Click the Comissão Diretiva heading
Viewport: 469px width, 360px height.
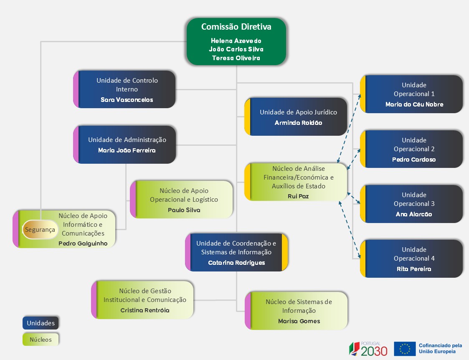pyautogui.click(x=236, y=27)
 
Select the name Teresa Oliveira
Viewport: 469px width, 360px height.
pyautogui.click(x=236, y=58)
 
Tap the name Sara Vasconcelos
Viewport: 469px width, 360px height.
pyautogui.click(x=127, y=100)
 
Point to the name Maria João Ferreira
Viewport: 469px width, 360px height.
pyautogui.click(x=127, y=150)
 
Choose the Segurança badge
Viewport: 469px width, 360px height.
pyautogui.click(x=40, y=230)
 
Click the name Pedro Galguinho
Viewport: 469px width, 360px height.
pyautogui.click(x=83, y=243)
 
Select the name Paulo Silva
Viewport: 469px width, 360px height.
pyautogui.click(x=184, y=210)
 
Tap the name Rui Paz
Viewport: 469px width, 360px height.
pyautogui.click(x=298, y=196)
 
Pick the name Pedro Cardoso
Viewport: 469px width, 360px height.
pyautogui.click(x=414, y=160)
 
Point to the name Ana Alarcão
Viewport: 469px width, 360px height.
pyautogui.click(x=414, y=214)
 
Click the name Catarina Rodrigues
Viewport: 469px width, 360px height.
pyautogui.click(x=236, y=263)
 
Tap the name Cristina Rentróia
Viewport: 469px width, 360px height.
pyautogui.click(x=145, y=310)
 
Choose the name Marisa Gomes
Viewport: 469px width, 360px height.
pyautogui.click(x=299, y=321)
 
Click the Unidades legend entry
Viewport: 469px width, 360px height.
pyautogui.click(x=41, y=323)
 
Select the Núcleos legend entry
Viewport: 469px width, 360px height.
pyautogui.click(x=41, y=340)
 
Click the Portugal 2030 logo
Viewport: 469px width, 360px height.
pyautogui.click(x=368, y=348)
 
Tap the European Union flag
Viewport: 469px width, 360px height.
pyautogui.click(x=404, y=349)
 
